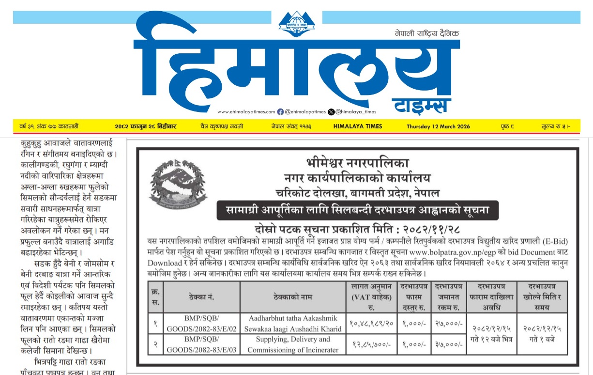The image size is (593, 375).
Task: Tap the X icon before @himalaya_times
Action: [331, 111]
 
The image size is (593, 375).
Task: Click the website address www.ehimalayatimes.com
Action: [246, 111]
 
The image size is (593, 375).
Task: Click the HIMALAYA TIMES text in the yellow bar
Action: [358, 126]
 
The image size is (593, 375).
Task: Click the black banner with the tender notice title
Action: [357, 211]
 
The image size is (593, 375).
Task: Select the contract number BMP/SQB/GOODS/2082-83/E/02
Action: [201, 323]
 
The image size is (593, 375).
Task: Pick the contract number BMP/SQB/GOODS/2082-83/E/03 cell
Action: [201, 344]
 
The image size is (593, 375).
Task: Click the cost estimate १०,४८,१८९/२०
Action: [371, 323]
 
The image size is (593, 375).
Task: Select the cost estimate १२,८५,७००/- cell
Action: [371, 344]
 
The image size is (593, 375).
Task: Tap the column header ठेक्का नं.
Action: [201, 297]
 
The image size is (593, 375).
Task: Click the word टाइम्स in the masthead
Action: [421, 104]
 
